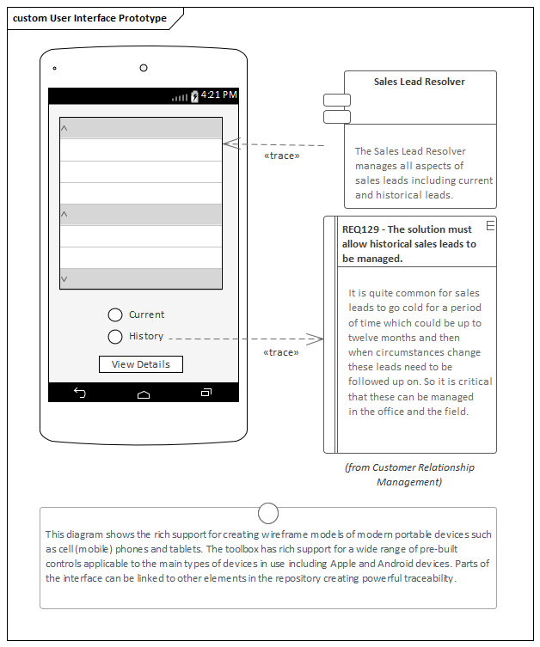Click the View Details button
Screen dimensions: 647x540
click(141, 364)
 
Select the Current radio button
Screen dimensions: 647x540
click(115, 315)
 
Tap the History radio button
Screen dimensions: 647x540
click(115, 337)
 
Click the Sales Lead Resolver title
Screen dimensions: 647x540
click(420, 82)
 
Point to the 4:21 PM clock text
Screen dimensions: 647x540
click(218, 95)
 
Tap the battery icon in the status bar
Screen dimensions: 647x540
click(194, 95)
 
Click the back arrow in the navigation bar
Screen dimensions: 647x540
click(80, 393)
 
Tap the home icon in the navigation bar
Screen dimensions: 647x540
click(144, 394)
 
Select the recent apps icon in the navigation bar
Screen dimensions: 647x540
click(206, 393)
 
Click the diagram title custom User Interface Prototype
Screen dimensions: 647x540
click(89, 18)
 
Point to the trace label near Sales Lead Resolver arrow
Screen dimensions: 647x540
click(281, 156)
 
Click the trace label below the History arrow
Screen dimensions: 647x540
click(281, 352)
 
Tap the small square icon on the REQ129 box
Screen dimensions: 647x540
click(490, 225)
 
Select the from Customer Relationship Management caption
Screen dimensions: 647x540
click(409, 474)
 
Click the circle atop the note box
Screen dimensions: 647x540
click(268, 514)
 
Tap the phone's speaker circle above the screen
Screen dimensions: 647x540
click(144, 68)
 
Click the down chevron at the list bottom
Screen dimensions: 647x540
click(64, 279)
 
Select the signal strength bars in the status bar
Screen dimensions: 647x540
click(180, 97)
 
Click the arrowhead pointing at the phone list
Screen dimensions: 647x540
click(229, 145)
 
